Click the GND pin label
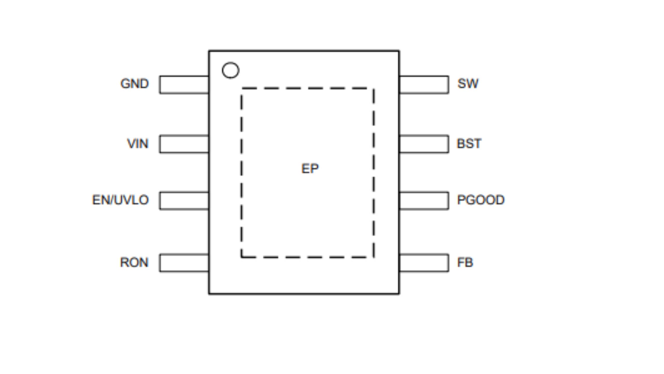[134, 84]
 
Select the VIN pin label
[138, 144]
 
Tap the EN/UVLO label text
[120, 200]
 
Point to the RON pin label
[134, 262]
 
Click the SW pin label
[468, 84]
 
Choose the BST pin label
[469, 144]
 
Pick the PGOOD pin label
[481, 200]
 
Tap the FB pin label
[465, 262]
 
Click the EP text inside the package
[310, 169]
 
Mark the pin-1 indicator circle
[231, 70]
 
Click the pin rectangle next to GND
[184, 85]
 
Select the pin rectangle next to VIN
[184, 144]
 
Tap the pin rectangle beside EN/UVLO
[184, 201]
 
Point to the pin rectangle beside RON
[184, 263]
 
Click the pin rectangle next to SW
[424, 85]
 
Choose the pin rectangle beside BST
[424, 144]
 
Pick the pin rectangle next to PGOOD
[424, 201]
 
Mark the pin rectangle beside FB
[424, 263]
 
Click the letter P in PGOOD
[461, 200]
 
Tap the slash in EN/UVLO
[111, 200]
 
